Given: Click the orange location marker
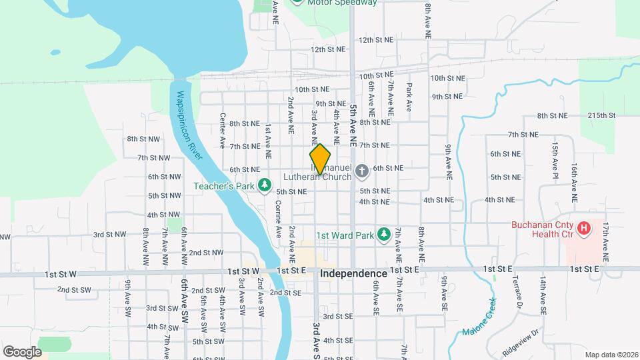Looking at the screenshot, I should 320,159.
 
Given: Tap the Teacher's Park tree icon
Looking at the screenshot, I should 265,184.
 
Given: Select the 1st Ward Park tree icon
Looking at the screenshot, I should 383,234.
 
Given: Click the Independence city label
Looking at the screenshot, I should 353,274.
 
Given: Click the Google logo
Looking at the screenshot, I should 21,351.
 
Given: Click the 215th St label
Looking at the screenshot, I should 601,115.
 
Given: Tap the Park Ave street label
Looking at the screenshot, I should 409,97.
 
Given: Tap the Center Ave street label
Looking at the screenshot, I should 223,126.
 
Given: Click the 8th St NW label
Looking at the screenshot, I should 143,139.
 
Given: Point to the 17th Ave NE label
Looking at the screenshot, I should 605,241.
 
